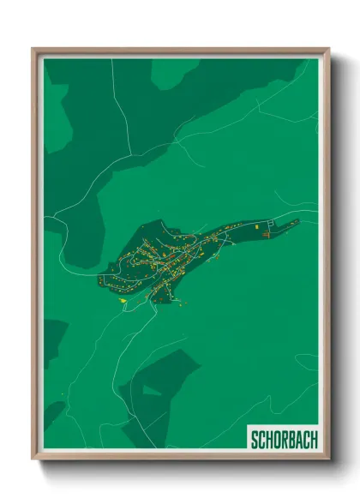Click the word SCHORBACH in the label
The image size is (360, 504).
[283, 440]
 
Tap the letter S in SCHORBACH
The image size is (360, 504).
[255, 440]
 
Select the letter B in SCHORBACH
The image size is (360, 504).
[291, 440]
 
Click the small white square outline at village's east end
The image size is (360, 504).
[266, 233]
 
